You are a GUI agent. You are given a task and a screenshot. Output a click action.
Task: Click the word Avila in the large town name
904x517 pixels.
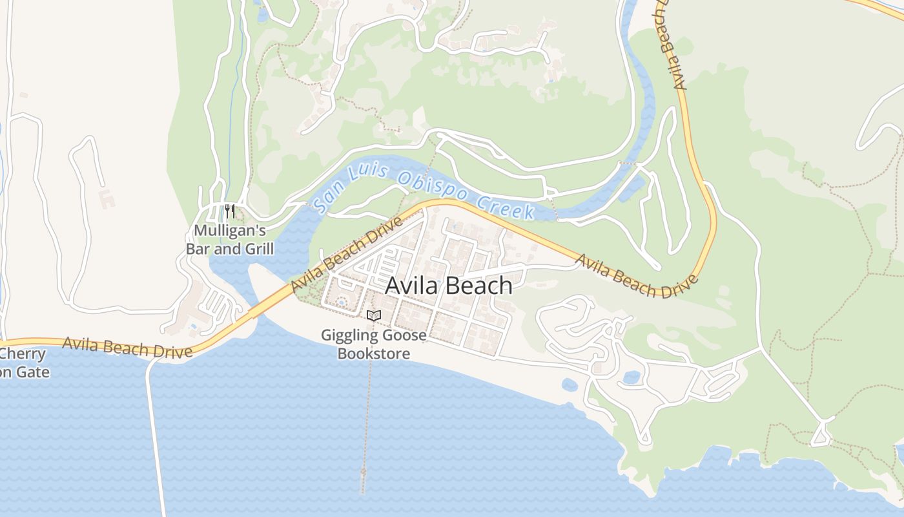413,285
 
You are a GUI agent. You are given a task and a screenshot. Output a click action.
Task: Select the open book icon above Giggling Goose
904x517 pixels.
374,315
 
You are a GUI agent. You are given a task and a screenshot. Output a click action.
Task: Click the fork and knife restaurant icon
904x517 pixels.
229,211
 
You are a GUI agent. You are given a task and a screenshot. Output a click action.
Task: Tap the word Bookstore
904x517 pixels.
374,353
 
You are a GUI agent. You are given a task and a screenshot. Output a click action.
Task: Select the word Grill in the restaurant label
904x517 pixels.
258,249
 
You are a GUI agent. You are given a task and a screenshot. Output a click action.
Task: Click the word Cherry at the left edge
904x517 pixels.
24,354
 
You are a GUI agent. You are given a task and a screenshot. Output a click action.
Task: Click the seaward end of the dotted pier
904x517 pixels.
363,475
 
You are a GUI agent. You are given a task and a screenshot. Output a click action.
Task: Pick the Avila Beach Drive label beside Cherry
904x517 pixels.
127,347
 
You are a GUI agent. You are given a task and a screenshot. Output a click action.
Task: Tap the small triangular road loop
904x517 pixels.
821,434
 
